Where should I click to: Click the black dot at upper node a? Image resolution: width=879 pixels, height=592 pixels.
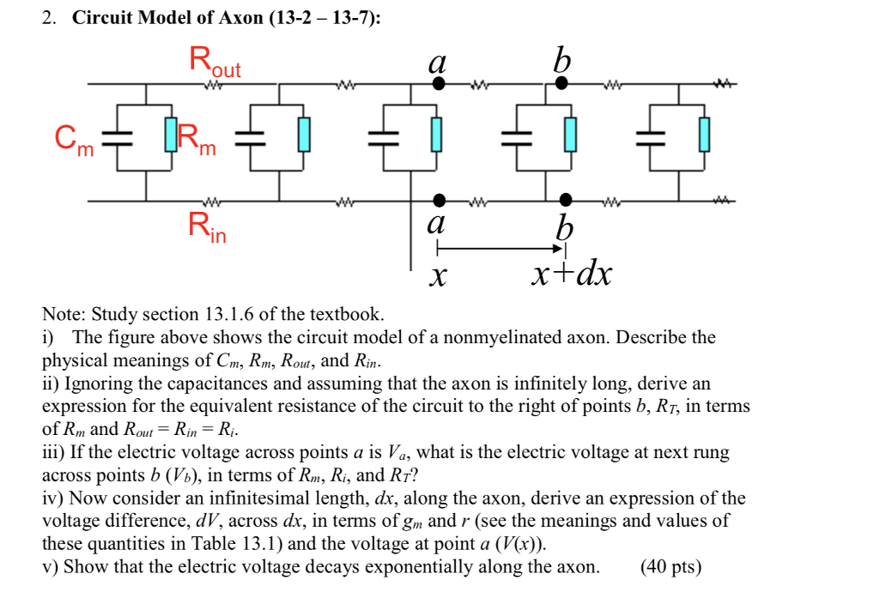point(439,84)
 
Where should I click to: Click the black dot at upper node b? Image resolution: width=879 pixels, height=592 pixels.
point(562,83)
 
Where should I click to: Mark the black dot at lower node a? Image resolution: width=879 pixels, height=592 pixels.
point(439,200)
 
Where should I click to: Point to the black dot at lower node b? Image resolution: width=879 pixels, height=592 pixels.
point(564,201)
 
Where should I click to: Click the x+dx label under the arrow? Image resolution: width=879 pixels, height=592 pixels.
point(571,275)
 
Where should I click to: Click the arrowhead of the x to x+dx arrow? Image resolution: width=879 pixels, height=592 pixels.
point(559,249)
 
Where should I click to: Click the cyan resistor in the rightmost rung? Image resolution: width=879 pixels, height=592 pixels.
point(704,136)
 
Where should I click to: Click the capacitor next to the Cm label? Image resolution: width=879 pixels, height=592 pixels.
point(116,136)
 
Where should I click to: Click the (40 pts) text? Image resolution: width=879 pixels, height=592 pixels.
point(670,566)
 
